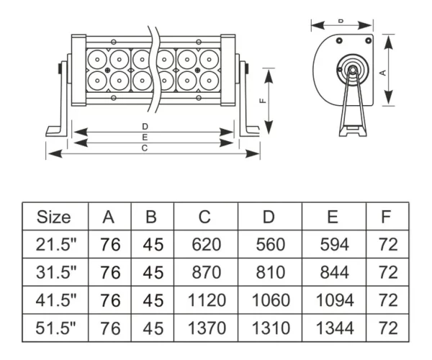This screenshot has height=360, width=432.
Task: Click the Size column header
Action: tap(54, 217)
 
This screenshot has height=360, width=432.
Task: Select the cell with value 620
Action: tap(207, 245)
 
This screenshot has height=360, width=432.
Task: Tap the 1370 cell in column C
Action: tap(207, 328)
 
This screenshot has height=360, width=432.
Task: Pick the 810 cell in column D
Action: tap(271, 273)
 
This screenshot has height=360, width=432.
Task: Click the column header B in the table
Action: tap(153, 217)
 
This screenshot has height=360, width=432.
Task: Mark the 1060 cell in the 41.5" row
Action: tap(271, 300)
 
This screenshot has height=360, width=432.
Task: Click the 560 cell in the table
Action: tap(271, 245)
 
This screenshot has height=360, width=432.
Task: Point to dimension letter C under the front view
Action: tap(145, 148)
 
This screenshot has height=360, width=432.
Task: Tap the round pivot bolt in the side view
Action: tap(352, 70)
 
